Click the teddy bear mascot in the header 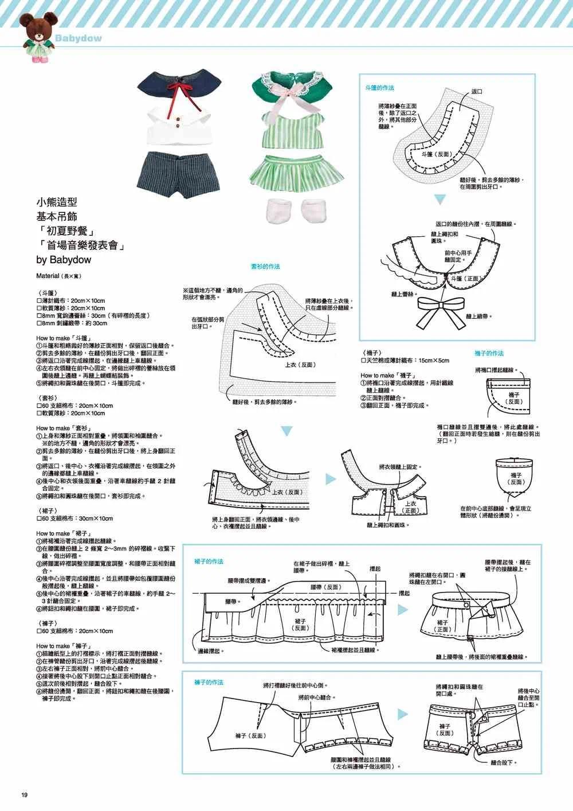click(33, 36)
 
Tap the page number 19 click(24, 794)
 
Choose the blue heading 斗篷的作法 click(379, 88)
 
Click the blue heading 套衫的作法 click(265, 267)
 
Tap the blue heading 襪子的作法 click(489, 353)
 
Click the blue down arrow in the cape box click(439, 200)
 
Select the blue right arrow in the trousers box click(403, 714)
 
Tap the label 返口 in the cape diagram click(476, 92)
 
